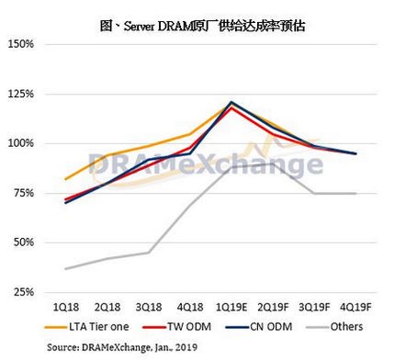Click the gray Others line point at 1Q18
click(x=65, y=268)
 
